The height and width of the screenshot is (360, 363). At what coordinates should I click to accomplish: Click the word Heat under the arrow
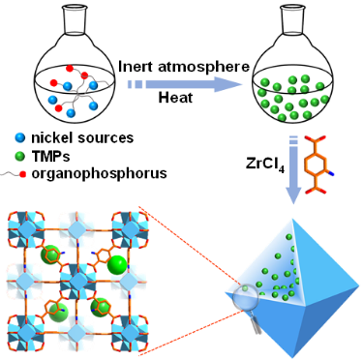[x=175, y=97]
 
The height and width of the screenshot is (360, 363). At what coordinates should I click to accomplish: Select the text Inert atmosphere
[x=184, y=67]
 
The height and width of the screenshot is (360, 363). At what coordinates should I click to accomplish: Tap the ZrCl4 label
[x=265, y=165]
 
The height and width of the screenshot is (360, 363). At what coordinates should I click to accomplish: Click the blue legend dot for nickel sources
[x=20, y=138]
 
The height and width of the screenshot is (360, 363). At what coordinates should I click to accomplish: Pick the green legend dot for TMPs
[x=20, y=157]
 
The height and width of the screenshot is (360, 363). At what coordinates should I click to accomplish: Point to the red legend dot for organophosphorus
[x=22, y=174]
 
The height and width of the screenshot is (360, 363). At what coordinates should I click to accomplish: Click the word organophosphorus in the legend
[x=99, y=174]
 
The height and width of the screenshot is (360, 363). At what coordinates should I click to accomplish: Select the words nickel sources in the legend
[x=82, y=138]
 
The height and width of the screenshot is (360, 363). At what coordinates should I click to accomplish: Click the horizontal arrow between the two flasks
[x=185, y=84]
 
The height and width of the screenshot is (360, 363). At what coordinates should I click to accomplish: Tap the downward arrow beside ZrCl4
[x=293, y=171]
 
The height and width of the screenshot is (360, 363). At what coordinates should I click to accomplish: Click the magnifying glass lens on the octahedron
[x=247, y=295]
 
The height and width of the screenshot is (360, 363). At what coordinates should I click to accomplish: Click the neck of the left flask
[x=74, y=20]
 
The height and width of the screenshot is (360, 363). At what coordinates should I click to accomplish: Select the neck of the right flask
[x=292, y=20]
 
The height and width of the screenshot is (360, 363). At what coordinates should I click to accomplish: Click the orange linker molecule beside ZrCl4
[x=318, y=165]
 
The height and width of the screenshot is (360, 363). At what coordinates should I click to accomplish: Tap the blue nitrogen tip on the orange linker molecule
[x=332, y=174]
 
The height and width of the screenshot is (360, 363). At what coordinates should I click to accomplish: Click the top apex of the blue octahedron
[x=292, y=220]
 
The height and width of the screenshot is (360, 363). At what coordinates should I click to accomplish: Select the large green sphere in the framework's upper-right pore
[x=116, y=264]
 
